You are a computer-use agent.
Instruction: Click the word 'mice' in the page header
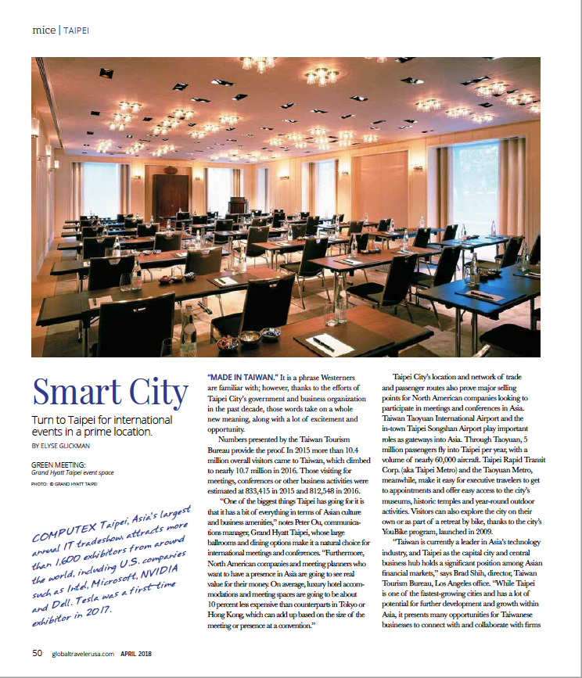pos(43,30)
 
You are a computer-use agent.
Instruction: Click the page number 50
pos(38,654)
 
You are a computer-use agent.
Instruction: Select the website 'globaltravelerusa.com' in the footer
pos(81,654)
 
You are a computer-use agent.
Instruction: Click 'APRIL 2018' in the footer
pos(142,654)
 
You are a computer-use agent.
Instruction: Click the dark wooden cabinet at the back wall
pos(170,196)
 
